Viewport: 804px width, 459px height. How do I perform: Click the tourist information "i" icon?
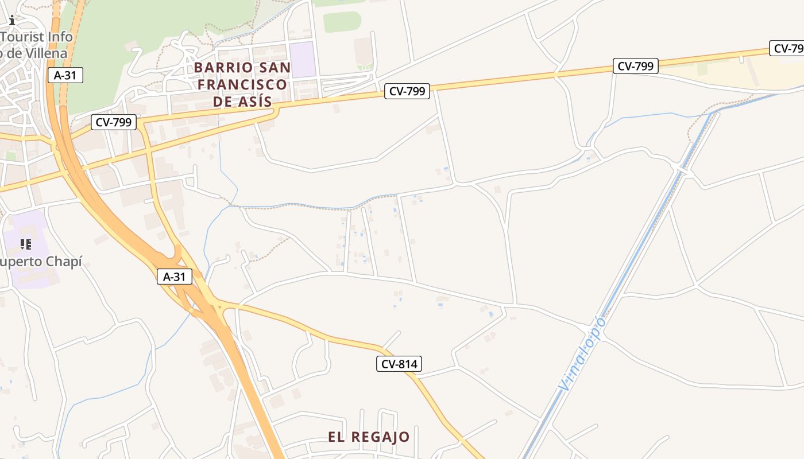12,20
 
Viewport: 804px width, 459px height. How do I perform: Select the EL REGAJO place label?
369,437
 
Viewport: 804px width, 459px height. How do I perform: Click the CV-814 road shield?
399,363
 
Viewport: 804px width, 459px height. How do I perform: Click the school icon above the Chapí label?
26,245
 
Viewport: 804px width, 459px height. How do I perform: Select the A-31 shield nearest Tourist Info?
65,75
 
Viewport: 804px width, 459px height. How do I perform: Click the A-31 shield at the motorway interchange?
175,277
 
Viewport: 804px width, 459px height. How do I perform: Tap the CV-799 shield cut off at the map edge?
787,49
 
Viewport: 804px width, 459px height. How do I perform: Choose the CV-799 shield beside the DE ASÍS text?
407,91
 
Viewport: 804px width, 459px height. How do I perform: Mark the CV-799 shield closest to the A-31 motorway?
114,122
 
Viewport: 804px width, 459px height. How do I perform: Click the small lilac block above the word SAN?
302,59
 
